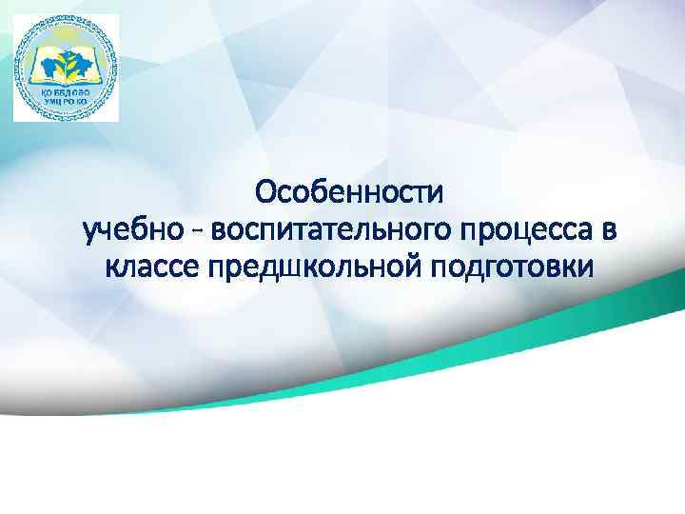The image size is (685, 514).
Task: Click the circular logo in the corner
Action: tap(66, 68)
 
